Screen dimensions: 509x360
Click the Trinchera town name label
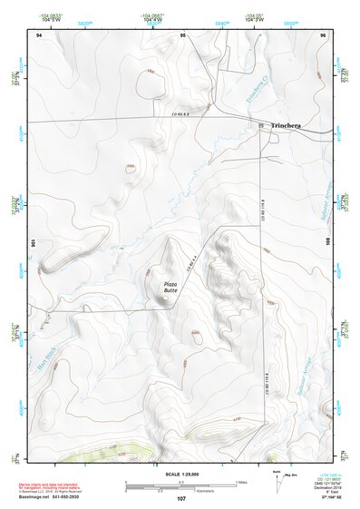[x=287, y=129]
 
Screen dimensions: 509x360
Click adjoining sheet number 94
[x=38, y=35]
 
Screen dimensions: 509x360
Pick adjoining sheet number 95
[x=183, y=35]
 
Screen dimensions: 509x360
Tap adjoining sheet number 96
[x=323, y=35]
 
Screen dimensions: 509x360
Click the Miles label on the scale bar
[x=239, y=481]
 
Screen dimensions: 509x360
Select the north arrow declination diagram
[x=277, y=478]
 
